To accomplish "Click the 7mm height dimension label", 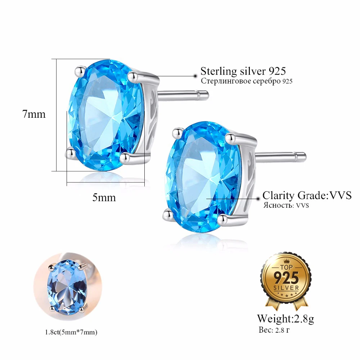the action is click(x=34, y=114).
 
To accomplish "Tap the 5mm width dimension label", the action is click(x=104, y=197).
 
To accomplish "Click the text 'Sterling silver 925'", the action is click(x=243, y=71).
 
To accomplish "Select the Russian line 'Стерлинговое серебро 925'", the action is click(x=247, y=81).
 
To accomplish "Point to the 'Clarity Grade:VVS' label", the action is click(x=307, y=195).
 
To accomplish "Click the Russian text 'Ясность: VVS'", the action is click(x=286, y=206).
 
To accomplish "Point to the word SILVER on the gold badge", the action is click(x=287, y=288).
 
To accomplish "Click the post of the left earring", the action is click(x=184, y=95).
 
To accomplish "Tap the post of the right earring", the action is click(x=281, y=156).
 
